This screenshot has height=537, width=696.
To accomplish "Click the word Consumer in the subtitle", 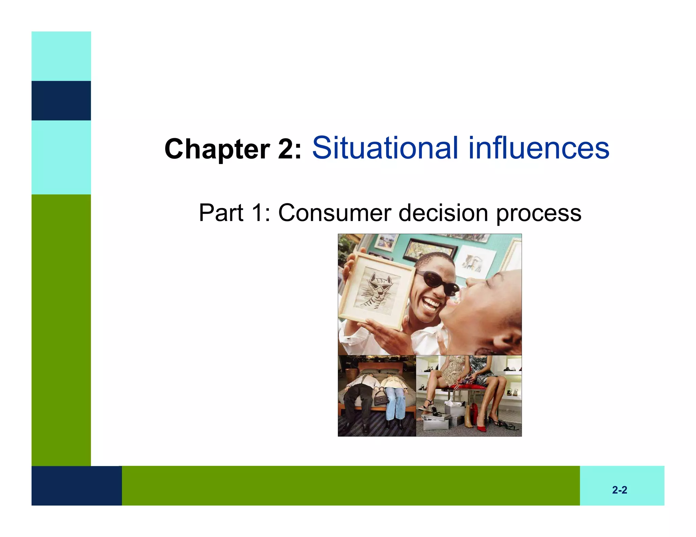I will (335, 213).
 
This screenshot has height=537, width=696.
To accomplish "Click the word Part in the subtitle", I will (221, 213).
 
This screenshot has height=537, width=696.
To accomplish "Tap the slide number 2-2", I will (620, 490).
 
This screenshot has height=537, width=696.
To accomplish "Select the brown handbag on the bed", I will (381, 397).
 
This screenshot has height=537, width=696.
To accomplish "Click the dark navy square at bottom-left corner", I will (76, 485).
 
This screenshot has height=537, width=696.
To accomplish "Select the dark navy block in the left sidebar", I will (61, 100).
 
